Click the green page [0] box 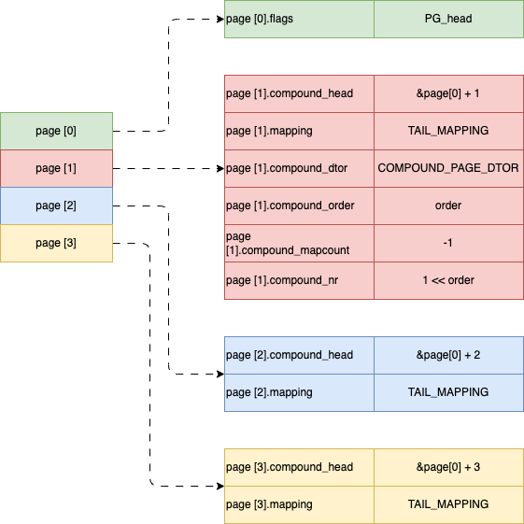click(56, 131)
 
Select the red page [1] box click(56, 168)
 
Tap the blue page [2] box click(56, 205)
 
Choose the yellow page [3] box click(56, 243)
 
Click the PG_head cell click(448, 19)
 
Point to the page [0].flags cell click(299, 19)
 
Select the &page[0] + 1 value click(448, 93)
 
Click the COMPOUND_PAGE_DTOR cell click(448, 168)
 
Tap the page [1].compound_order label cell click(299, 205)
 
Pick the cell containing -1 click(448, 243)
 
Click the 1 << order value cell click(448, 280)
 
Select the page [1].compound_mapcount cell click(299, 243)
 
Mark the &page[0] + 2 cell click(448, 355)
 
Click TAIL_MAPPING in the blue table click(448, 392)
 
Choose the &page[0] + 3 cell click(448, 467)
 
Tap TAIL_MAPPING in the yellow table click(448, 504)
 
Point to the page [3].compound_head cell click(299, 467)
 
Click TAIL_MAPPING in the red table click(448, 131)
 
